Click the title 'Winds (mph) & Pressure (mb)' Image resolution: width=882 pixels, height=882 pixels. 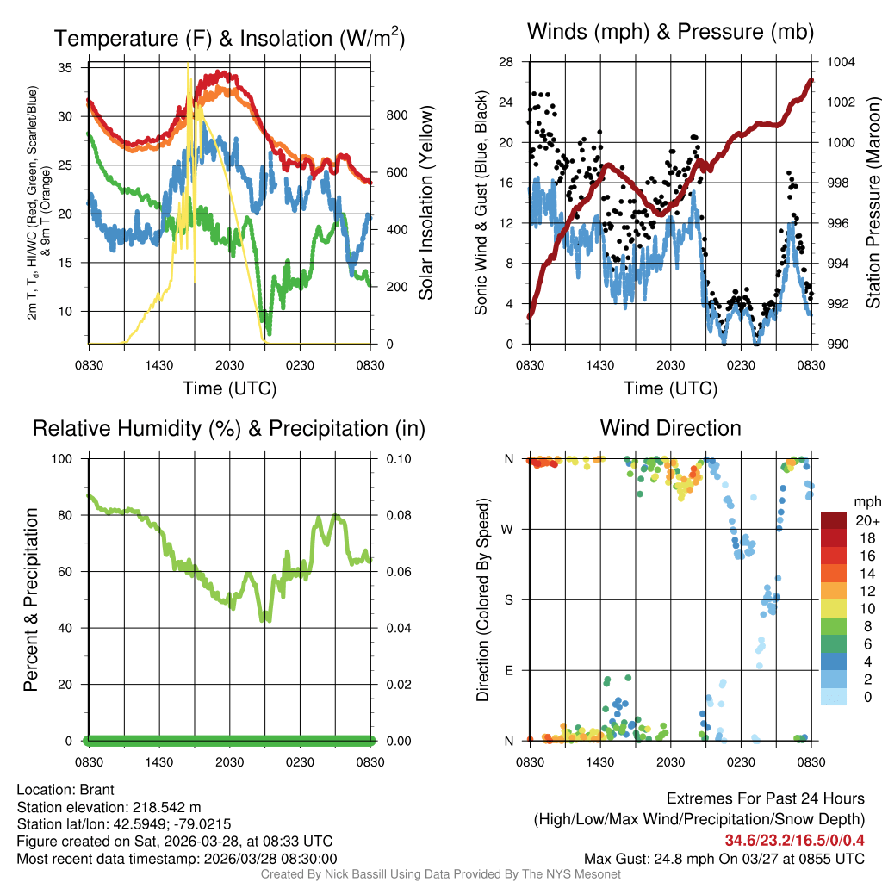click(x=670, y=33)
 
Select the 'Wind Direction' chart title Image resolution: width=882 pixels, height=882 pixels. click(x=670, y=428)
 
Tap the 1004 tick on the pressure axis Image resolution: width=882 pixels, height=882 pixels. click(x=840, y=62)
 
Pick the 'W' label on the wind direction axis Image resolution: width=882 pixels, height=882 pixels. click(x=509, y=529)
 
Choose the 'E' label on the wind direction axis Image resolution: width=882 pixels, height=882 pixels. click(x=509, y=670)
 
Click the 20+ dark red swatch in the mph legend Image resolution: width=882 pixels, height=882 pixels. click(x=833, y=520)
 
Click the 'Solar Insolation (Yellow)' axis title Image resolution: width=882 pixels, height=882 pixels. click(x=425, y=203)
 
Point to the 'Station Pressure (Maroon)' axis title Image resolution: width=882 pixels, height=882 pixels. click(x=872, y=203)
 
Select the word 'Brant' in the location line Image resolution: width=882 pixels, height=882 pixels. click(x=96, y=789)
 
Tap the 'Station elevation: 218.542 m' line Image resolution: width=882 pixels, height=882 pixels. click(x=109, y=807)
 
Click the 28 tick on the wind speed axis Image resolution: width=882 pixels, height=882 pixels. click(x=506, y=62)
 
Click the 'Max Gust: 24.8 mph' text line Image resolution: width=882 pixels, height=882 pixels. click(x=724, y=858)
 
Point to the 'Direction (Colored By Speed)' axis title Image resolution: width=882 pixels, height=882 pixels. click(x=483, y=599)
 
